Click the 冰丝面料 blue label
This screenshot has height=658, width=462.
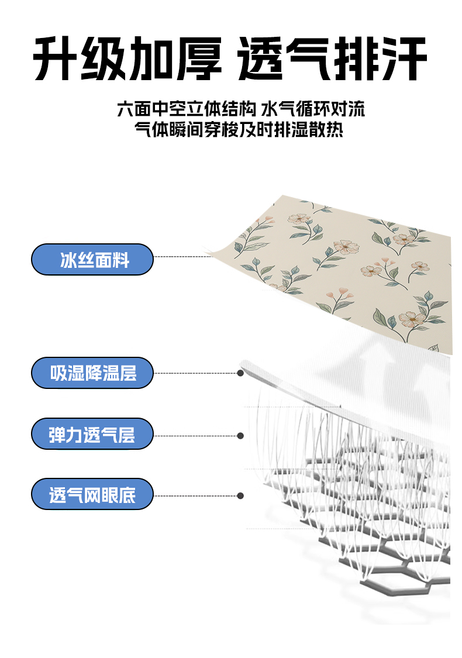click(92, 260)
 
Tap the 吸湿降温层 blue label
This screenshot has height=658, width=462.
click(92, 373)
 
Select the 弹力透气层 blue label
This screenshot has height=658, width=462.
click(92, 434)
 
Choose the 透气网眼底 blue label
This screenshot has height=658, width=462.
click(92, 495)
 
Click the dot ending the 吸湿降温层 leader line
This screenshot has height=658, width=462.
click(240, 373)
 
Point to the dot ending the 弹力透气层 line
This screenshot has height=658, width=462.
click(240, 435)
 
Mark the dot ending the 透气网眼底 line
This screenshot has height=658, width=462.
click(240, 495)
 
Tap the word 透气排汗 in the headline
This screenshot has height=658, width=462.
click(332, 59)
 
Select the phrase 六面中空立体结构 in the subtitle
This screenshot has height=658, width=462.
click(187, 109)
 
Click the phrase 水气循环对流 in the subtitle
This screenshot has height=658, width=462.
click(313, 109)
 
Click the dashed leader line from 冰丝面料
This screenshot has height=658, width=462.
click(181, 256)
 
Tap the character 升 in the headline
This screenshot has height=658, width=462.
click(56, 59)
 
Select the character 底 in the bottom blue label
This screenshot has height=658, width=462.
click(127, 495)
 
